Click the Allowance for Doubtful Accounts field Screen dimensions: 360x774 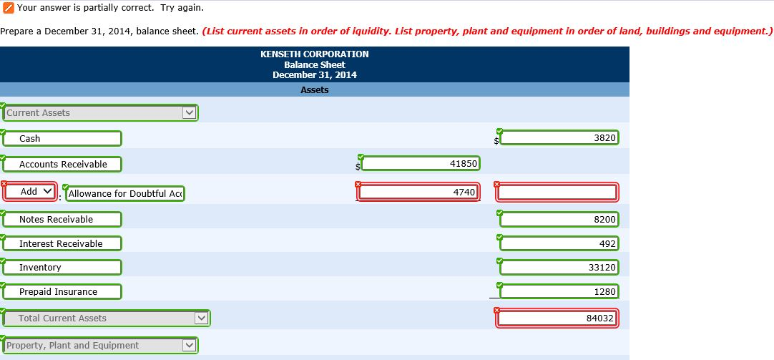pyautogui.click(x=125, y=193)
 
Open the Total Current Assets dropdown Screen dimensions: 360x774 pyautogui.click(x=106, y=318)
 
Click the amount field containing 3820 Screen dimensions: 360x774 pyautogui.click(x=559, y=137)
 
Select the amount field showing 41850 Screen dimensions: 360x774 pyautogui.click(x=420, y=164)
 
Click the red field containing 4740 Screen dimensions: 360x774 pyautogui.click(x=418, y=192)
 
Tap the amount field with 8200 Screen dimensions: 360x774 pyautogui.click(x=559, y=220)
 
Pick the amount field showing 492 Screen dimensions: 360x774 pyautogui.click(x=559, y=244)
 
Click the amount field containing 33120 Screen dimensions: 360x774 pyautogui.click(x=559, y=268)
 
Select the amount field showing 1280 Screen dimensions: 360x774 pyautogui.click(x=559, y=292)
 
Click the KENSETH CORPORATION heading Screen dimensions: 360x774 pyautogui.click(x=315, y=54)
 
